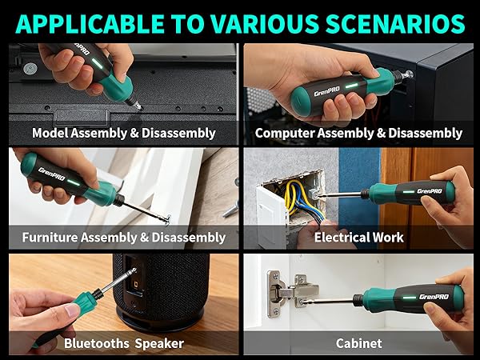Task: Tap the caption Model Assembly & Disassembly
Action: pos(123,133)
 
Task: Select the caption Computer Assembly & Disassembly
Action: pos(358,133)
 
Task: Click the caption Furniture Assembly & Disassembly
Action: pos(123,238)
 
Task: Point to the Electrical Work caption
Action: pos(358,238)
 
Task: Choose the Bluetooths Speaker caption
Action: pos(123,343)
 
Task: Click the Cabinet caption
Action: pos(358,343)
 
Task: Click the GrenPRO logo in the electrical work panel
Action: pos(429,191)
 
